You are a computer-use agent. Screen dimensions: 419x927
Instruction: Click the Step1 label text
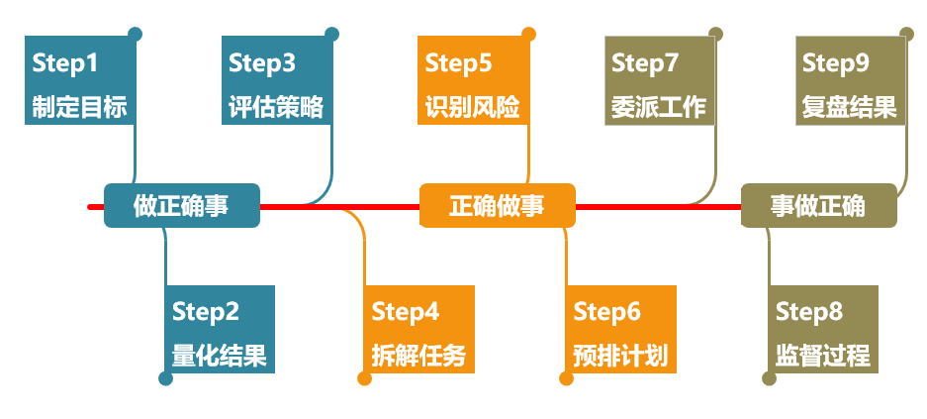click(x=65, y=64)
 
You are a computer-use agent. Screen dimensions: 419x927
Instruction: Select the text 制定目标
click(x=79, y=106)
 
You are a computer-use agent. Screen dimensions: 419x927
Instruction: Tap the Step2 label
click(x=206, y=312)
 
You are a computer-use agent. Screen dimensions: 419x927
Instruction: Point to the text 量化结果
click(x=220, y=355)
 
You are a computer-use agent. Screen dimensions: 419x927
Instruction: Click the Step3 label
click(x=262, y=64)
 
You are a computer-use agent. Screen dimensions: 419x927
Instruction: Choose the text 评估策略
click(x=276, y=106)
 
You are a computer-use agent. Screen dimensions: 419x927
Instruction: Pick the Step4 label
click(x=406, y=312)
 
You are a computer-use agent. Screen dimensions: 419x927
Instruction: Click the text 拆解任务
click(x=419, y=355)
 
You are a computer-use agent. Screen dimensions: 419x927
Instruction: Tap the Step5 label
click(x=459, y=64)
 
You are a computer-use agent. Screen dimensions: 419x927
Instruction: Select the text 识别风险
click(x=473, y=106)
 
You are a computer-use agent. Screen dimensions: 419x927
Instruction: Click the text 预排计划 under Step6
click(x=621, y=355)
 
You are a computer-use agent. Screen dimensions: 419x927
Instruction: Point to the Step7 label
click(x=645, y=64)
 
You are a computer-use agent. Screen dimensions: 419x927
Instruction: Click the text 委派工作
click(x=659, y=106)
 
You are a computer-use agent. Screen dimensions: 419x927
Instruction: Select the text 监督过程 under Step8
click(x=823, y=355)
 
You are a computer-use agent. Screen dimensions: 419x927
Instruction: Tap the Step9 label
click(x=836, y=64)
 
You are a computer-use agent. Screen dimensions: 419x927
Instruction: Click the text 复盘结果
click(x=850, y=106)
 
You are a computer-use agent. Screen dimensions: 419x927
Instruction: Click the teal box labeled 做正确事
click(x=181, y=206)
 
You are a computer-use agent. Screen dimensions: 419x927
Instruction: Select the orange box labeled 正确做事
click(x=497, y=206)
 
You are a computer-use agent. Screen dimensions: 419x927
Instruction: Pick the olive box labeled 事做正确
click(x=818, y=206)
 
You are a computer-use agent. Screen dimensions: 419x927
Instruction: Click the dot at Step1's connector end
click(x=136, y=34)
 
